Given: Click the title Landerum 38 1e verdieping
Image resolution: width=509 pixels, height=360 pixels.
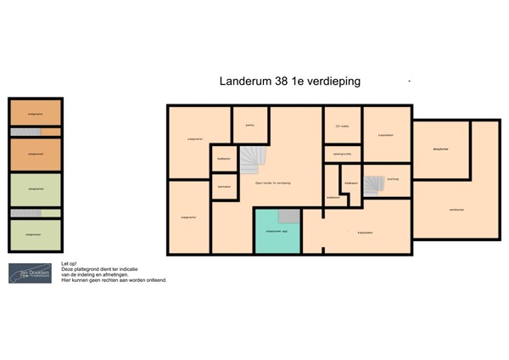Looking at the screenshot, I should click(290, 82).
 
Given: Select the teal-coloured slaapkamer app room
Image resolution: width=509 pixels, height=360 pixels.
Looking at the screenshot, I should click(277, 230).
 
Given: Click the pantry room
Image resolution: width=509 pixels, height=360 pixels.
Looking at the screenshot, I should click(250, 126).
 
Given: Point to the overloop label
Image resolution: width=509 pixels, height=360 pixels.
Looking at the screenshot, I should click(393, 178).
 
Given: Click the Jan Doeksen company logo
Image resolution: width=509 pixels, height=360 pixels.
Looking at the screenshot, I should click(30, 273).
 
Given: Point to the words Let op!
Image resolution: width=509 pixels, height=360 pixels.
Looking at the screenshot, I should click(69, 264).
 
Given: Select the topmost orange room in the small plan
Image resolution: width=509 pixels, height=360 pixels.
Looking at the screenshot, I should click(35, 113).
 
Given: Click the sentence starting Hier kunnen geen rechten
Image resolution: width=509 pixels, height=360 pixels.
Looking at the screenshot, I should click(115, 279).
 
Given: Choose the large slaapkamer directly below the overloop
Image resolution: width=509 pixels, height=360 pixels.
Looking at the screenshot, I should click(365, 232).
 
